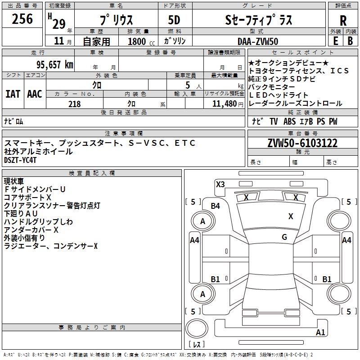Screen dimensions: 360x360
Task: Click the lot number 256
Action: tap(22, 19)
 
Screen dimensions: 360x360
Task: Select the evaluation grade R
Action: tap(343, 21)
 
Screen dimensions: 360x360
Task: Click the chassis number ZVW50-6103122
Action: tap(302, 143)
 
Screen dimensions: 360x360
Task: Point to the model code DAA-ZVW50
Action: tap(258, 41)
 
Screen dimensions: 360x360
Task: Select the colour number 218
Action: tap(75, 104)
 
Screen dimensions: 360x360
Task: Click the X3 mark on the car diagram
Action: tap(220, 184)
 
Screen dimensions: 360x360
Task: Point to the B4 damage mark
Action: tap(216, 206)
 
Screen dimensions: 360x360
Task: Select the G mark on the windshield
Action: tap(284, 237)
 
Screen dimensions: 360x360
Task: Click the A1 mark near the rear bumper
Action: tap(320, 333)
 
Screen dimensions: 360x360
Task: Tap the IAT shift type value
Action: tap(13, 94)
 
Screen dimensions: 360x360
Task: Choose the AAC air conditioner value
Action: tap(35, 94)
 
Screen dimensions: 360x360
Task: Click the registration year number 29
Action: tap(58, 24)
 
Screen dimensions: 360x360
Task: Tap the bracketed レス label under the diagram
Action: tap(196, 345)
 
